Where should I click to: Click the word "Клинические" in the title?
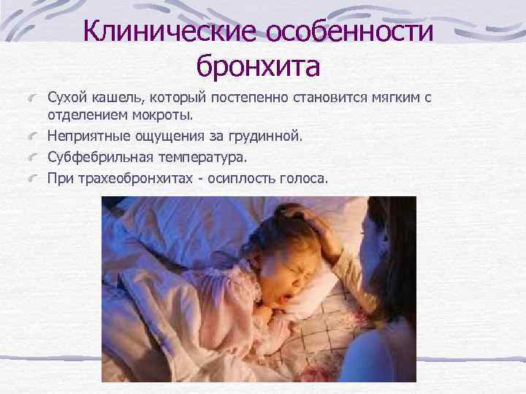click(x=169, y=31)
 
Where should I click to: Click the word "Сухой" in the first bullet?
click(x=66, y=97)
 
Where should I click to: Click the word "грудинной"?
click(x=264, y=136)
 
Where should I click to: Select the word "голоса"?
click(x=309, y=177)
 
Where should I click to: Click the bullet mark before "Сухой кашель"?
click(x=35, y=98)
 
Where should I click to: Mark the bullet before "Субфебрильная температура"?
click(x=35, y=157)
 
